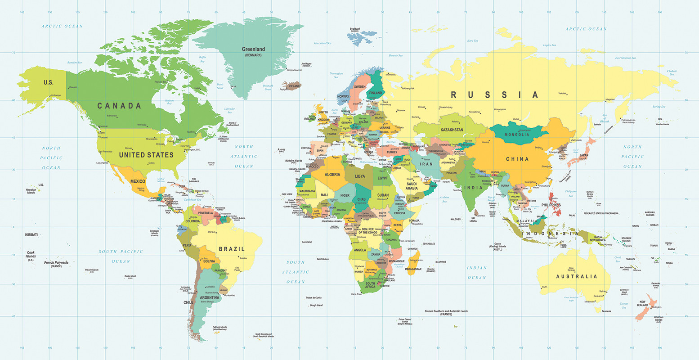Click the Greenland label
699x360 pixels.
(x=253, y=49)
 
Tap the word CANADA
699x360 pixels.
(x=119, y=106)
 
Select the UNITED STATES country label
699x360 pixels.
(x=146, y=155)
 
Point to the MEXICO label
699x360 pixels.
(x=138, y=181)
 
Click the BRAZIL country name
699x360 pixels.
(x=232, y=249)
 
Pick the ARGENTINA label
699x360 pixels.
(x=210, y=297)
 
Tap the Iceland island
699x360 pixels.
(x=292, y=85)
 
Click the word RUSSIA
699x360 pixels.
(x=494, y=95)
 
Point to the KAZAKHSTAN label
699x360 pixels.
(x=452, y=130)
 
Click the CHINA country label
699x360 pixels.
(x=517, y=159)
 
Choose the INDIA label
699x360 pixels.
(x=473, y=188)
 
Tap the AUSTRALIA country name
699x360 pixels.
(x=577, y=276)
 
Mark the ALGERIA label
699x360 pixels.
(x=332, y=174)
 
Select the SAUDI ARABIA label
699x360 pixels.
(x=412, y=186)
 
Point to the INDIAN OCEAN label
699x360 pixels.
(x=476, y=273)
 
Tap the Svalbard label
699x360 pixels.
(x=355, y=29)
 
